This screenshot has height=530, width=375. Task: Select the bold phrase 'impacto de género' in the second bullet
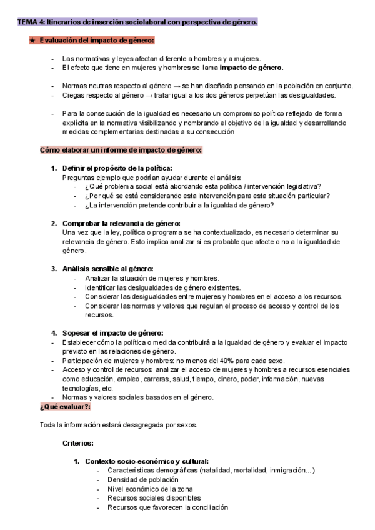point(251,67)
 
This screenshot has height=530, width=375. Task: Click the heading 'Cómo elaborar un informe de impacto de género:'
point(121,150)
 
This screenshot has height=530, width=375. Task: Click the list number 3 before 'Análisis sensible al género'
point(54,269)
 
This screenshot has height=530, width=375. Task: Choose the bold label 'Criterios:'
point(79,443)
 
